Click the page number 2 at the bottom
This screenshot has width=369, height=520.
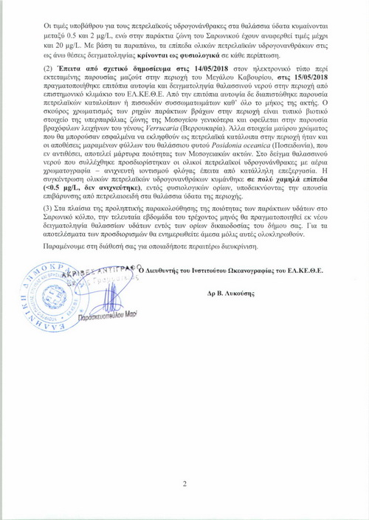184,484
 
